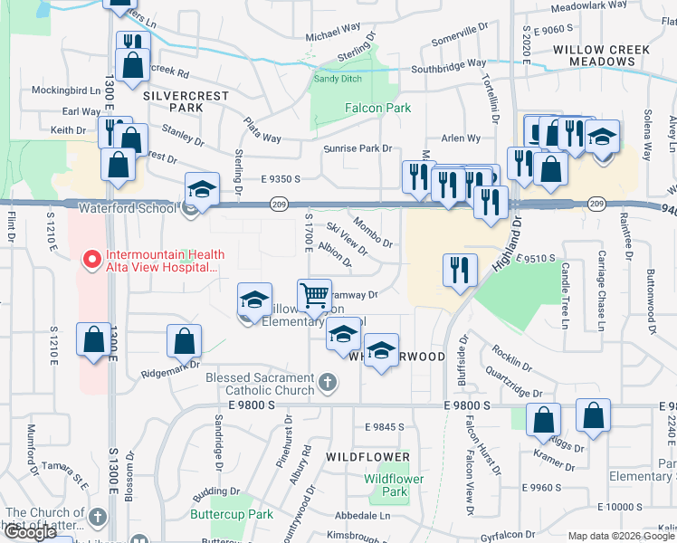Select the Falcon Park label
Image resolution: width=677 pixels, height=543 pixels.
pyautogui.click(x=377, y=108)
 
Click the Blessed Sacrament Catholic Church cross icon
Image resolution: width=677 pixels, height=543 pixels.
pyautogui.click(x=329, y=386)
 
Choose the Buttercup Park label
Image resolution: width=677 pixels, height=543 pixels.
pyautogui.click(x=232, y=514)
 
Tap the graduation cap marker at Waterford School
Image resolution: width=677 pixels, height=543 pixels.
pyautogui.click(x=202, y=189)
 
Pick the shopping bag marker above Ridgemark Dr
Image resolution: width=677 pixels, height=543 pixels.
pyautogui.click(x=184, y=342)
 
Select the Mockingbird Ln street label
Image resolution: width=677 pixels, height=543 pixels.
pyautogui.click(x=65, y=90)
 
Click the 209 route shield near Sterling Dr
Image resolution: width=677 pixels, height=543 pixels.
pyautogui.click(x=280, y=205)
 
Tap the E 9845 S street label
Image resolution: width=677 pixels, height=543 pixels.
pyautogui.click(x=384, y=426)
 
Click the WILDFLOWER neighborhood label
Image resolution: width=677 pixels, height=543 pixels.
pyautogui.click(x=368, y=457)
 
